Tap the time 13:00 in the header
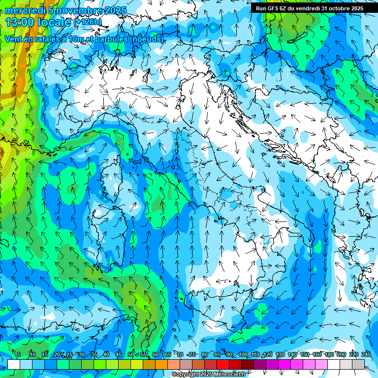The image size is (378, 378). coord(20,22)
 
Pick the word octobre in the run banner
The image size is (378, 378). coord(336,8)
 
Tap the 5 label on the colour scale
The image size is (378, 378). coord(19,354)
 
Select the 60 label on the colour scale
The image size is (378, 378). coord(155,354)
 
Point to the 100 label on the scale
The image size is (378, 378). coord(243,354)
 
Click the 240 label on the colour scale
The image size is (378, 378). coord(366,354)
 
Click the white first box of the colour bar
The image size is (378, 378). coord(14,364)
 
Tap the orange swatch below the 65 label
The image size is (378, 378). coord(161,364)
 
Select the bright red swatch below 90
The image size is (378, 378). coord(223,364)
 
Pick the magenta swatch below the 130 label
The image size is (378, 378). coord(284,364)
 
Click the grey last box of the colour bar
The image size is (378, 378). coord(358,364)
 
